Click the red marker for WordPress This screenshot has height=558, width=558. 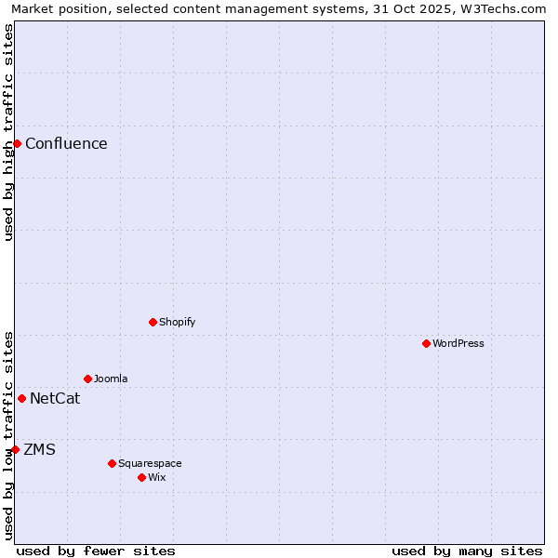(x=426, y=343)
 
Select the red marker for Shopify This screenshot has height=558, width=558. (x=153, y=322)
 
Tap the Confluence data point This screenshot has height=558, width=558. (x=17, y=143)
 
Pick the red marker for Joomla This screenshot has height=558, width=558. (x=87, y=379)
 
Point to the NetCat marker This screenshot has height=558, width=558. (x=21, y=398)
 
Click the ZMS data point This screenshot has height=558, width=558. (x=15, y=449)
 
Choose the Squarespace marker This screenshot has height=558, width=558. (x=112, y=463)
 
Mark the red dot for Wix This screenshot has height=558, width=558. (x=141, y=477)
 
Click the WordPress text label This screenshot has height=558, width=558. (x=458, y=343)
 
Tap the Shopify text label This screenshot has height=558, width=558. (x=177, y=322)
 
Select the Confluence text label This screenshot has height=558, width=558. (x=66, y=143)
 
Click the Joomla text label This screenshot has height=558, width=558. (x=111, y=379)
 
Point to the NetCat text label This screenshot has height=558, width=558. (x=55, y=398)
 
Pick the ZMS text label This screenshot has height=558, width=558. (x=39, y=449)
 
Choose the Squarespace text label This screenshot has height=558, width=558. (x=150, y=463)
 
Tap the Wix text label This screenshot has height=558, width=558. (x=156, y=477)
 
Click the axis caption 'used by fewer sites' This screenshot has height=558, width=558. (x=96, y=551)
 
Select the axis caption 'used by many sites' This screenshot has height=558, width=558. (x=467, y=551)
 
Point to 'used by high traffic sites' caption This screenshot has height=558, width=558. (x=8, y=132)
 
